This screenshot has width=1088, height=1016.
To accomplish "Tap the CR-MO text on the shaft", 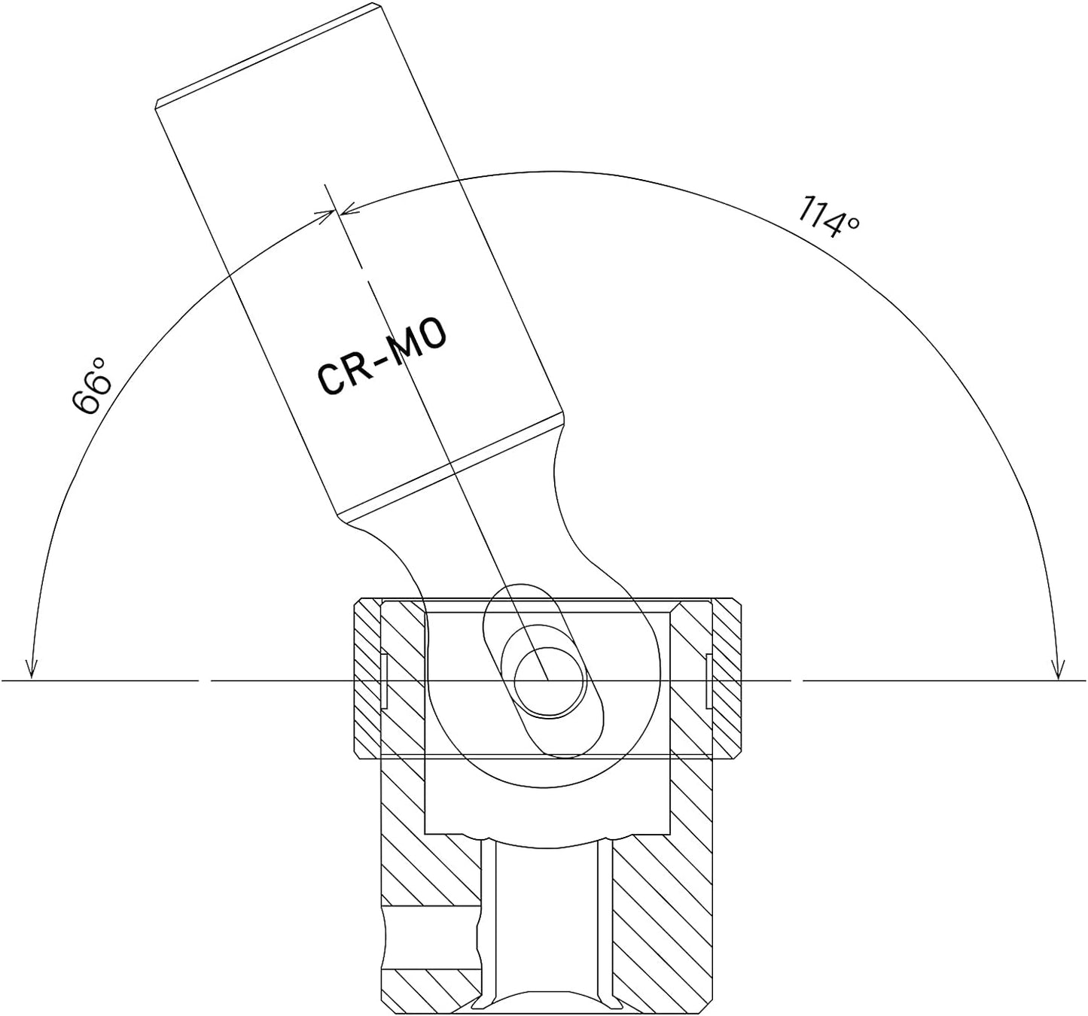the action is pos(382,357).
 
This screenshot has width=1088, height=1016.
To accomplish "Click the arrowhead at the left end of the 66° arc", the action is pos(32,669).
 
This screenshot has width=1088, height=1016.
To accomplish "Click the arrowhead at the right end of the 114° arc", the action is pos(1058,669).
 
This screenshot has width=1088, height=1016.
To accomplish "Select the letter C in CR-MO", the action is pos(333,377).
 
